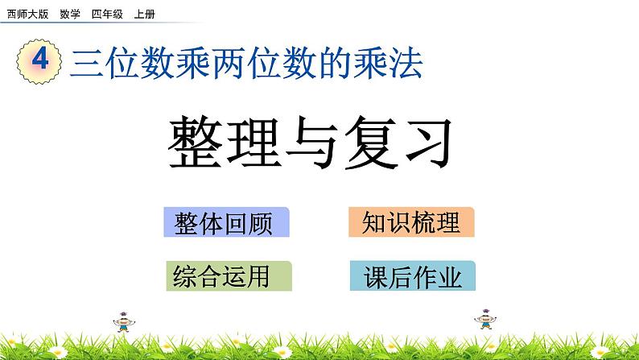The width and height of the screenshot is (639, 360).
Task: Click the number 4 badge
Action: (x=39, y=61)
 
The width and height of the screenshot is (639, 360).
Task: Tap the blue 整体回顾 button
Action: (x=227, y=222)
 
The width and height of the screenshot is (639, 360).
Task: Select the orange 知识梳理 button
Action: (x=411, y=221)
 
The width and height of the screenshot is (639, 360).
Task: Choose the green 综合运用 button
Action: (x=229, y=276)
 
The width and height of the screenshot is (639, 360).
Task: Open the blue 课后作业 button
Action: (x=412, y=275)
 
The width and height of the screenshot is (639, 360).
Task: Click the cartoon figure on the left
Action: (x=123, y=321)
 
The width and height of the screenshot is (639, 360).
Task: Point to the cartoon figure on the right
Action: (x=485, y=319)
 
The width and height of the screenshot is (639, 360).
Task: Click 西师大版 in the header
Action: (x=27, y=14)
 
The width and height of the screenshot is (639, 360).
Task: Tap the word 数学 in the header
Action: (x=70, y=14)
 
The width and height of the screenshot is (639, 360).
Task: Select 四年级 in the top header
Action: (x=107, y=14)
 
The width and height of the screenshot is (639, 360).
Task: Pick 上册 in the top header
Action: (x=145, y=14)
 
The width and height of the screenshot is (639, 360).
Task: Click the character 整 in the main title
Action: (x=196, y=143)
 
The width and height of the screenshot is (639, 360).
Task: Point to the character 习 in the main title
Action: (x=429, y=143)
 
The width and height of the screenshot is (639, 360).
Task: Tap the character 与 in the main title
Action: (x=312, y=143)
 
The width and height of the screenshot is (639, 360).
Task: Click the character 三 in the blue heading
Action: (x=86, y=63)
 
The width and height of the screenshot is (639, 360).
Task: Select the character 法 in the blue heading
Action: (x=406, y=63)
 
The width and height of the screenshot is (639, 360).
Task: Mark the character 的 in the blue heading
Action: (x=335, y=63)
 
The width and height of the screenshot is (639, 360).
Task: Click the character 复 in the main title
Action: (x=371, y=143)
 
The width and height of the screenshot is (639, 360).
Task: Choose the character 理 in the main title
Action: (x=254, y=143)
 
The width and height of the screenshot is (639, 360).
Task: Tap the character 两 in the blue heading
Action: (x=229, y=63)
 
